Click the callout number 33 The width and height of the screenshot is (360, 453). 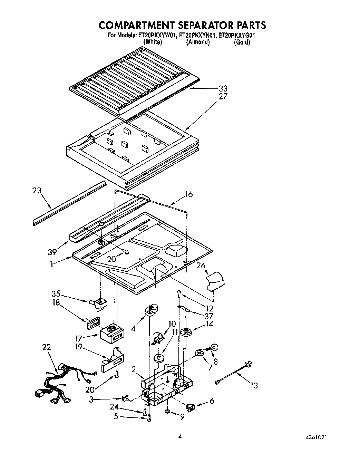(223, 88)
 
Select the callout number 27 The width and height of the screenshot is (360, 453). (223, 96)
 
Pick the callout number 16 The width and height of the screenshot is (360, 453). (188, 194)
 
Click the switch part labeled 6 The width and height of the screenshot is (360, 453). (191, 408)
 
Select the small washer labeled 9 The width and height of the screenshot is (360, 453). (166, 411)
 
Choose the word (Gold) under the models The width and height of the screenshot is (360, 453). (242, 42)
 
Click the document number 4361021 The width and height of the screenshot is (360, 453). (314, 437)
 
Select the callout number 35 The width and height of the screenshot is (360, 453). (56, 294)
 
